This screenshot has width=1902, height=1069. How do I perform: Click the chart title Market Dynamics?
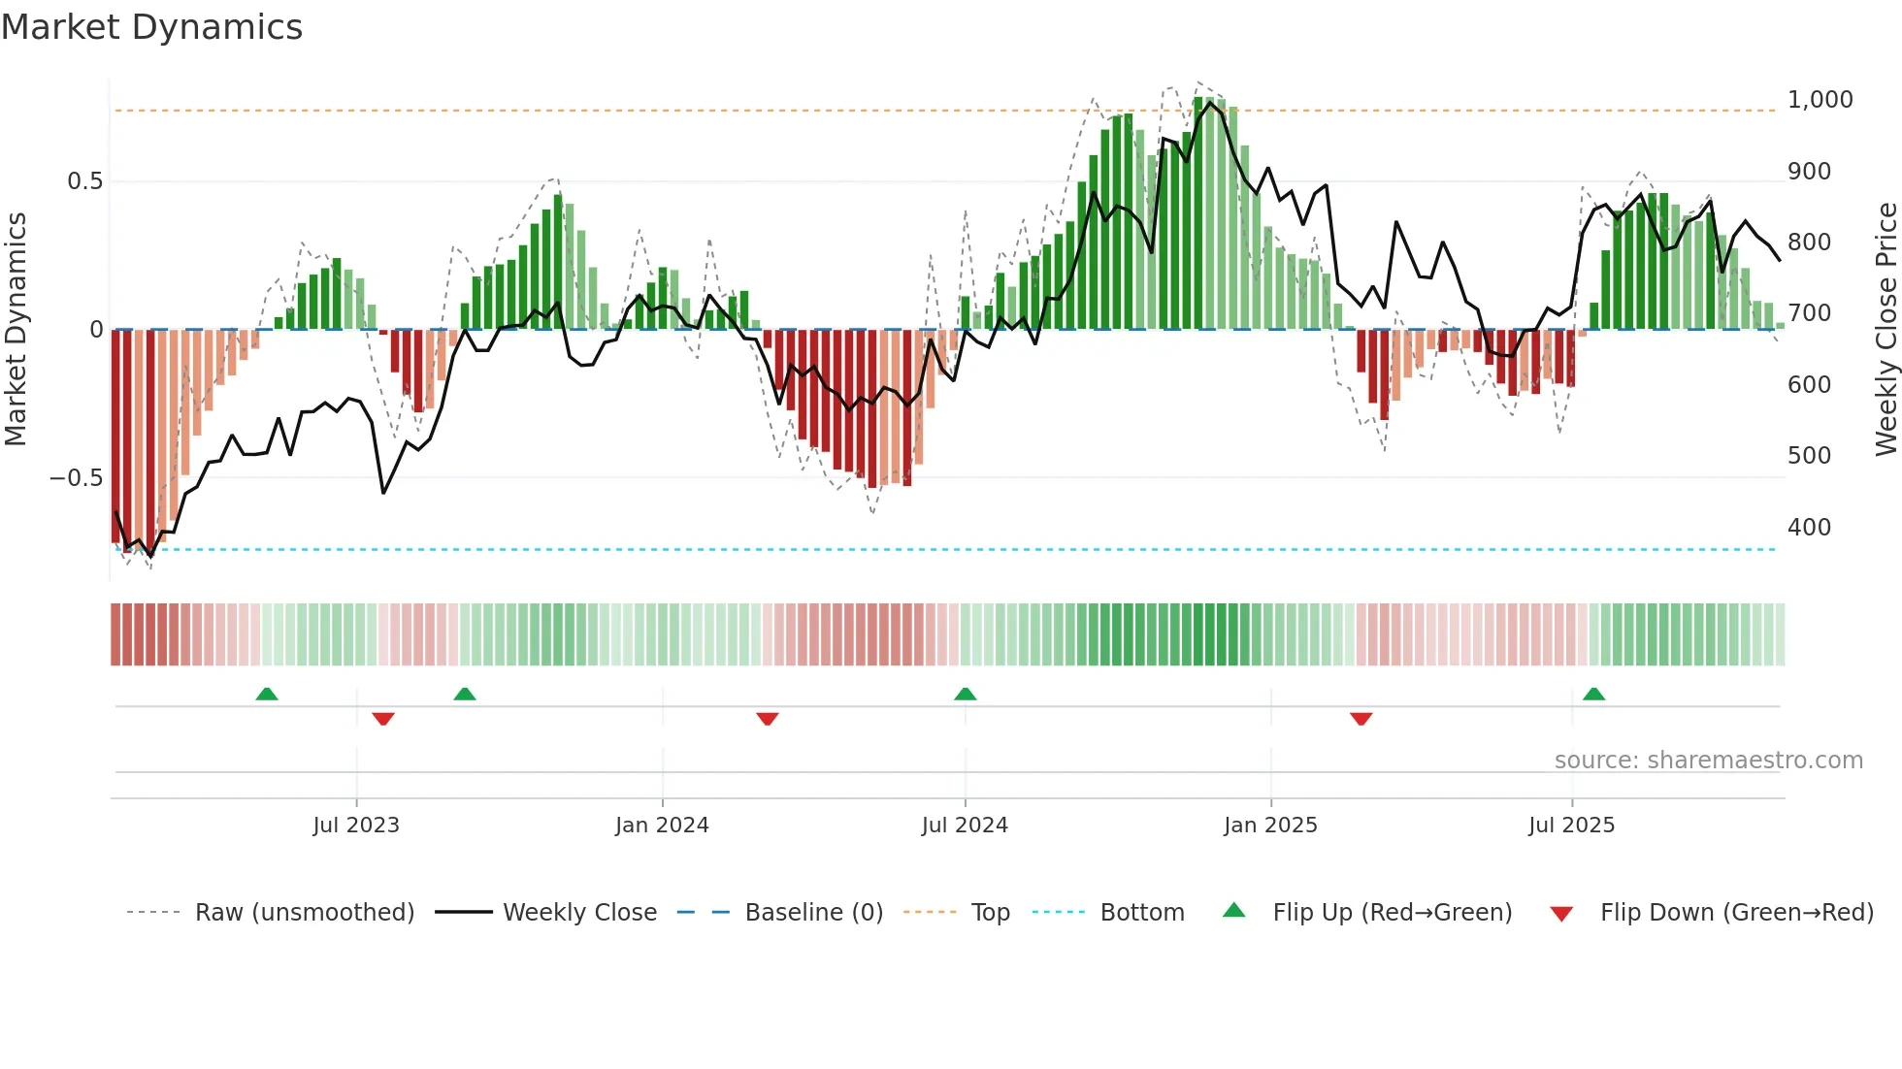(x=152, y=27)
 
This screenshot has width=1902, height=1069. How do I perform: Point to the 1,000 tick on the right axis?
(x=1820, y=100)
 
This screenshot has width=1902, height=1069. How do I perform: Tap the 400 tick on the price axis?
(x=1809, y=528)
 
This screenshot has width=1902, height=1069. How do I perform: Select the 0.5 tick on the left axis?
(x=84, y=181)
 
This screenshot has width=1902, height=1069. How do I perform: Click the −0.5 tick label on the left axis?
(x=76, y=478)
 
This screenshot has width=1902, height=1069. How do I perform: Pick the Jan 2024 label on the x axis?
(x=662, y=826)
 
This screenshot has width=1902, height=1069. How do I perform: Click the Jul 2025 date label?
(x=1571, y=826)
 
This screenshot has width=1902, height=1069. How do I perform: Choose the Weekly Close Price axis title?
(x=1886, y=330)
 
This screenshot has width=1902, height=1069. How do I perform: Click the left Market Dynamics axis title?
(x=16, y=330)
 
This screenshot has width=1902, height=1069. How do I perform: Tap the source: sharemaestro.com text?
(x=1708, y=761)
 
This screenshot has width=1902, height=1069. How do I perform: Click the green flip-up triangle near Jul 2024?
(x=965, y=694)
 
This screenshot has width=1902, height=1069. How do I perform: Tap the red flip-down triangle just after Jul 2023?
(x=383, y=719)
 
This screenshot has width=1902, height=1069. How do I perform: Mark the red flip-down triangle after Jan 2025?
(x=1361, y=719)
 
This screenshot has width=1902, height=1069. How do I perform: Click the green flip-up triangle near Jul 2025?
(x=1593, y=694)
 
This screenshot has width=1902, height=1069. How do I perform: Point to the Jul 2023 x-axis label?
(x=356, y=826)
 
